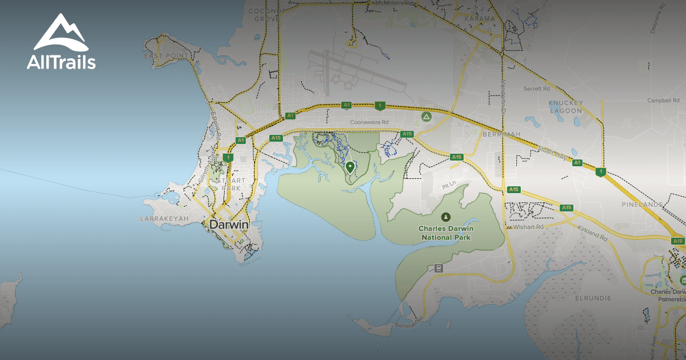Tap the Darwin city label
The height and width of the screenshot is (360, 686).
click(x=229, y=225)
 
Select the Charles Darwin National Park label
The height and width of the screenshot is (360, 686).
click(x=445, y=233)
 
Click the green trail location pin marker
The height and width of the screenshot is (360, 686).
click(x=350, y=167)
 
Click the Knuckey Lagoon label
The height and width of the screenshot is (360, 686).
click(x=565, y=106)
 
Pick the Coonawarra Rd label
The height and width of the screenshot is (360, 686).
click(x=369, y=122)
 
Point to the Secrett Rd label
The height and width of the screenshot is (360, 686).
click(x=537, y=89)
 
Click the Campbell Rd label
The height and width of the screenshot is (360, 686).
click(x=659, y=101)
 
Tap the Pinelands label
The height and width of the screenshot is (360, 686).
click(x=642, y=204)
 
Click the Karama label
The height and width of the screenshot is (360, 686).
click(x=480, y=19)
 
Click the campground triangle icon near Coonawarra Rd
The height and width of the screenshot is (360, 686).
click(x=426, y=117)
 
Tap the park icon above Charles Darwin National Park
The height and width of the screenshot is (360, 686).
click(x=445, y=217)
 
